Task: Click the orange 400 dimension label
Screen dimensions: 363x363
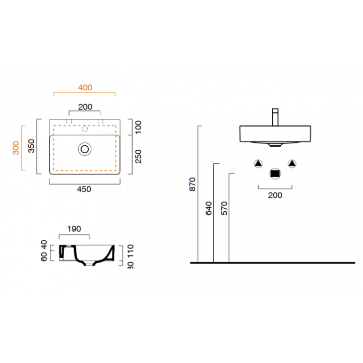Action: [x=85, y=88]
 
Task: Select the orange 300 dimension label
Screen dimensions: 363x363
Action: [x=16, y=148]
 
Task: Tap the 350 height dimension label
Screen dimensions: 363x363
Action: [x=31, y=146]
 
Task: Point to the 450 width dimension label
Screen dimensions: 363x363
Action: [x=84, y=189]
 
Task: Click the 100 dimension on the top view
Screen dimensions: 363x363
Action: [x=138, y=127]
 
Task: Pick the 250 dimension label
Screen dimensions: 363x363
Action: [x=138, y=156]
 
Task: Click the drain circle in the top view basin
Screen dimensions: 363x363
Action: [x=85, y=149]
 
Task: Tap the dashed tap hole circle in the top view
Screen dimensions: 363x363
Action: [x=85, y=129]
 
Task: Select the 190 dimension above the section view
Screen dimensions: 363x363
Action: [x=74, y=229]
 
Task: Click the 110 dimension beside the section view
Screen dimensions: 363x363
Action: [x=131, y=251]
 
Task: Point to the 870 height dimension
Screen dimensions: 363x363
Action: [x=193, y=185]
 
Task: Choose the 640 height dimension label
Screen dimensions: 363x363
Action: [x=209, y=208]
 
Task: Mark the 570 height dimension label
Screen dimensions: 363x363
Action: [x=224, y=208]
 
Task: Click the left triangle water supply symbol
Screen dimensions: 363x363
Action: [x=258, y=164]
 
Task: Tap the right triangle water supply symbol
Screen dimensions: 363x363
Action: [x=292, y=163]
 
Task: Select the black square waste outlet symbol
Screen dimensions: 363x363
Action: [x=275, y=173]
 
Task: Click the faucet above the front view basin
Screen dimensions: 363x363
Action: [x=275, y=117]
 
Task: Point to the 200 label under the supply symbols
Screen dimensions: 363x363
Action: [x=275, y=195]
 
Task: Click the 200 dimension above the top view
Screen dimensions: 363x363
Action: [x=85, y=107]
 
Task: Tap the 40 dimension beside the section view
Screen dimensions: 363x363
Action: [x=44, y=244]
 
